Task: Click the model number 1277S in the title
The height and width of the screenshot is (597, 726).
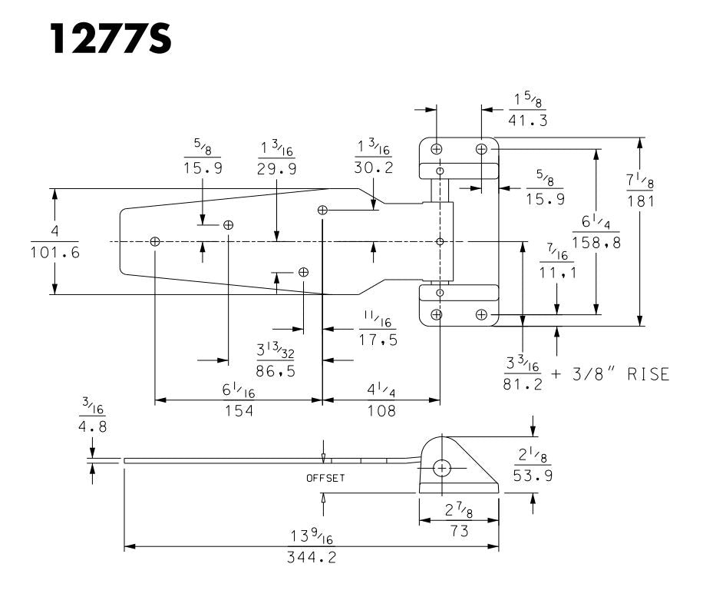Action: coord(111,38)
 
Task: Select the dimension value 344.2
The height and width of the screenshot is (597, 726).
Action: coord(312,558)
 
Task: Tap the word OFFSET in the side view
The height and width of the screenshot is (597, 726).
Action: coord(325,478)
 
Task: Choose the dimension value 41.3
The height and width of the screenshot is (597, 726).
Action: coord(529,121)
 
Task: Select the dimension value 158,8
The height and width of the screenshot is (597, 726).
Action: coord(596,243)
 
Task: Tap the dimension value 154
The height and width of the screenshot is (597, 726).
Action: coord(238,411)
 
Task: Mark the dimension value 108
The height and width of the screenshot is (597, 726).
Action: coord(381,411)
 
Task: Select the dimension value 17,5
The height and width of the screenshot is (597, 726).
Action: coord(378,340)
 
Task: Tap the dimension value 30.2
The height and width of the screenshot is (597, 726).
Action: coord(375,167)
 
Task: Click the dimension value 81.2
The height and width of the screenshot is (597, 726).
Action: coord(522,383)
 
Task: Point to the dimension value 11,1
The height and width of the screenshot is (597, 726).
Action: coord(557,273)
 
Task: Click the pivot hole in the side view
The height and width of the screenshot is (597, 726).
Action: coord(442,467)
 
